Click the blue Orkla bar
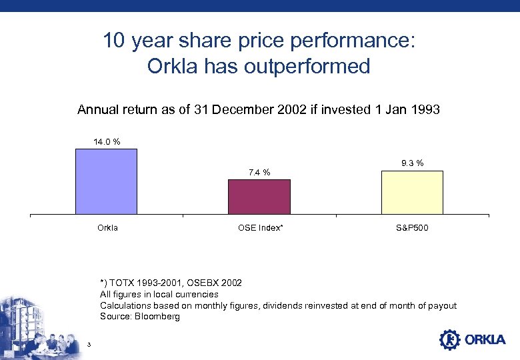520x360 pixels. [106, 181]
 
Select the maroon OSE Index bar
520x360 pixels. [259, 197]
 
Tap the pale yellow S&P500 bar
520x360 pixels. [412, 193]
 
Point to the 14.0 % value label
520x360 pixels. [106, 141]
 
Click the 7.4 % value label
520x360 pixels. [259, 173]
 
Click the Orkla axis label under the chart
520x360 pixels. [107, 228]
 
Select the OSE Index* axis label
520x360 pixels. [260, 228]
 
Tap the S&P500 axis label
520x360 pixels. [412, 228]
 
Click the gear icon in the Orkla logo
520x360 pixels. [450, 339]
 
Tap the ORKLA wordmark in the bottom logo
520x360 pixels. [485, 340]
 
